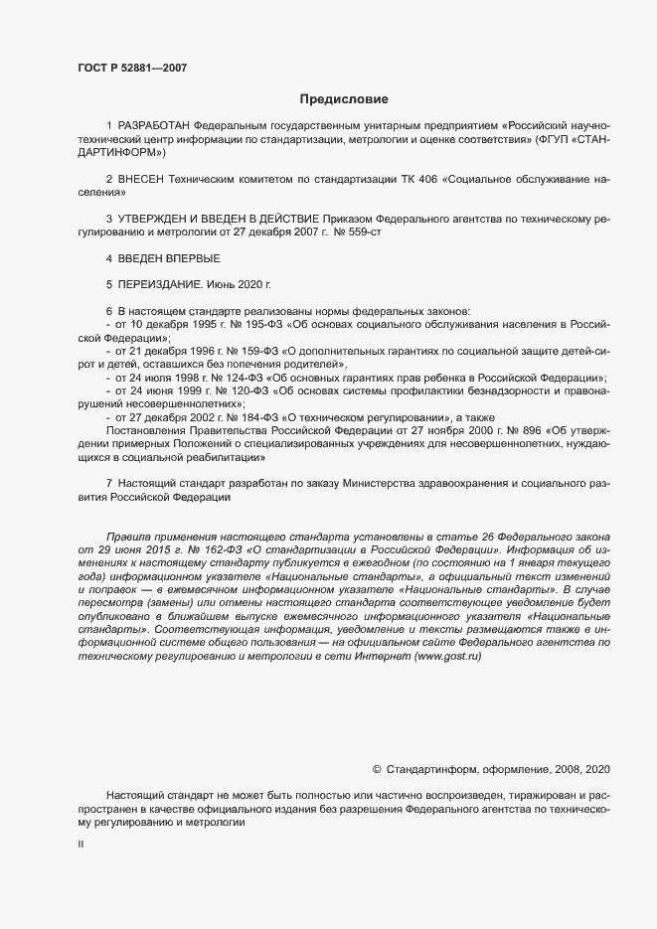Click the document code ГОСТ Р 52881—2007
pyautogui.click(x=131, y=68)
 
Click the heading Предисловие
pyautogui.click(x=344, y=99)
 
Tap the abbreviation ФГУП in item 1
pyautogui.click(x=555, y=141)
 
